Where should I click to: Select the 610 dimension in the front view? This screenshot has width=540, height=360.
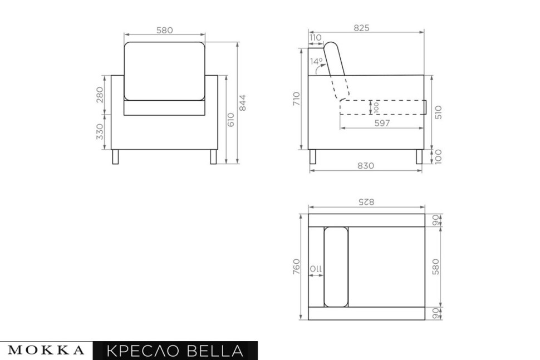coord(231,120)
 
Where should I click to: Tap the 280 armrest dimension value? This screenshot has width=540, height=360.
coord(100,95)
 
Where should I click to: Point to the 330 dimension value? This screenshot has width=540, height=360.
coord(100,132)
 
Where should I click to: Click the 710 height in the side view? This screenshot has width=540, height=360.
coord(297,98)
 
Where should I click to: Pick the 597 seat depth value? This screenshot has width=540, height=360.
coord(382,124)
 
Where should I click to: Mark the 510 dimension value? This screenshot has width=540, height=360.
coord(438,112)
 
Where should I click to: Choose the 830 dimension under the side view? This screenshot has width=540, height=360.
coord(366,165)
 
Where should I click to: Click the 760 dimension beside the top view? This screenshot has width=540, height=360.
coord(297,266)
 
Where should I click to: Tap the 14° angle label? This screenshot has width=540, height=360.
coord(316,62)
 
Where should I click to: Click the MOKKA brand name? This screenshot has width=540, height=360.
coord(47,351)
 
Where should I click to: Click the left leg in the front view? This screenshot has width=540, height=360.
coord(115,156)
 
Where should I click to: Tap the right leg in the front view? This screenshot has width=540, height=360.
coord(213,156)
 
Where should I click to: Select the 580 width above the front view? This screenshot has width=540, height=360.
coord(164,31)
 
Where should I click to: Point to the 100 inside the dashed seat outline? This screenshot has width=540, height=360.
coord(377,107)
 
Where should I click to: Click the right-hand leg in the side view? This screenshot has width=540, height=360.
coord(419,156)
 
